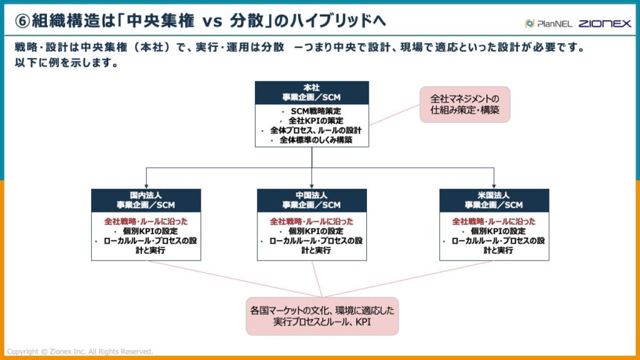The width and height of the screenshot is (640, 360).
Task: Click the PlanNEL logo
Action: click(x=547, y=24)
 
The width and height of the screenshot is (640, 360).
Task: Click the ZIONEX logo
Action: click(x=604, y=24)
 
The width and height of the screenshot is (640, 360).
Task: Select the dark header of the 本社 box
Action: click(x=311, y=92)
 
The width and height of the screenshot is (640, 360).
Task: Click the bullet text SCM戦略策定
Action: click(x=316, y=111)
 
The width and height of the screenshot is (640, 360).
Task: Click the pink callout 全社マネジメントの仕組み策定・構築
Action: click(x=464, y=104)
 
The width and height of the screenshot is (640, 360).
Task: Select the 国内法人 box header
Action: click(x=146, y=200)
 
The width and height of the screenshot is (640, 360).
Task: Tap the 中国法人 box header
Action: click(x=311, y=200)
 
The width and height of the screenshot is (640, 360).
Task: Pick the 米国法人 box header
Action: click(x=494, y=200)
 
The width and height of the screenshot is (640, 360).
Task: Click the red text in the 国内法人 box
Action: click(x=146, y=221)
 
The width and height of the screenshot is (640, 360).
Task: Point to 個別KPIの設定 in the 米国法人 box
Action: click(x=497, y=231)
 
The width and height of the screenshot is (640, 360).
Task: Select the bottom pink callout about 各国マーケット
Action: click(x=322, y=316)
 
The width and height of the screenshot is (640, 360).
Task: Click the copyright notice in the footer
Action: click(x=79, y=351)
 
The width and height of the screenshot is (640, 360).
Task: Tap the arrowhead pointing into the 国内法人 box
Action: click(x=146, y=186)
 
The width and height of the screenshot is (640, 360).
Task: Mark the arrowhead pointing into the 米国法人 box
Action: click(x=494, y=186)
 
